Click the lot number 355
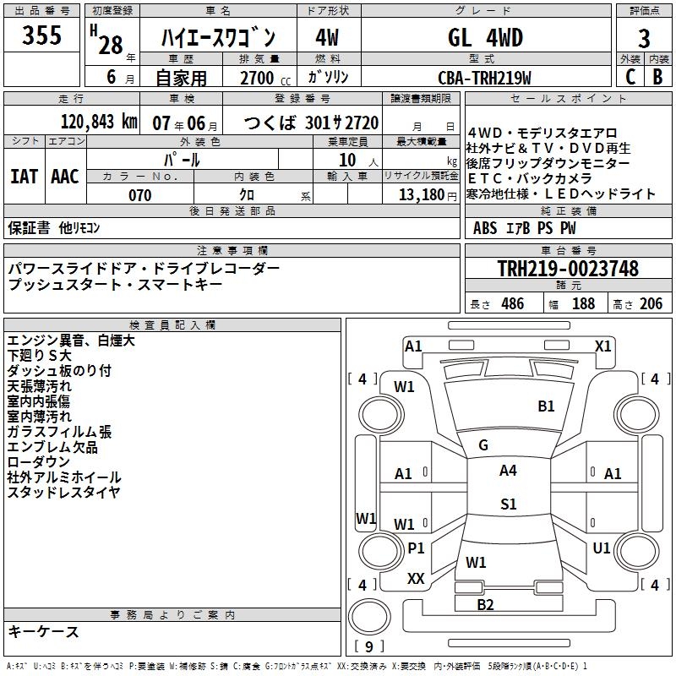41,36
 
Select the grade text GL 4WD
485,38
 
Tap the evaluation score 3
644,39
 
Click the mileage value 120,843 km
99,122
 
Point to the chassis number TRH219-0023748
568,269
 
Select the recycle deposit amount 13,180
421,195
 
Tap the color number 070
139,195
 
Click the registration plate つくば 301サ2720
311,123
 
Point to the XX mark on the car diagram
416,579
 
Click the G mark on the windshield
483,445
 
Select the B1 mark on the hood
546,406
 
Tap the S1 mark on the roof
508,504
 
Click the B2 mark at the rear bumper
485,604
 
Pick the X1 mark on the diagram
602,346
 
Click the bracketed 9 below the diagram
368,646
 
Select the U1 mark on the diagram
601,548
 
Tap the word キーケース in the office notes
43,632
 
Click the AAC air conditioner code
65,177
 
